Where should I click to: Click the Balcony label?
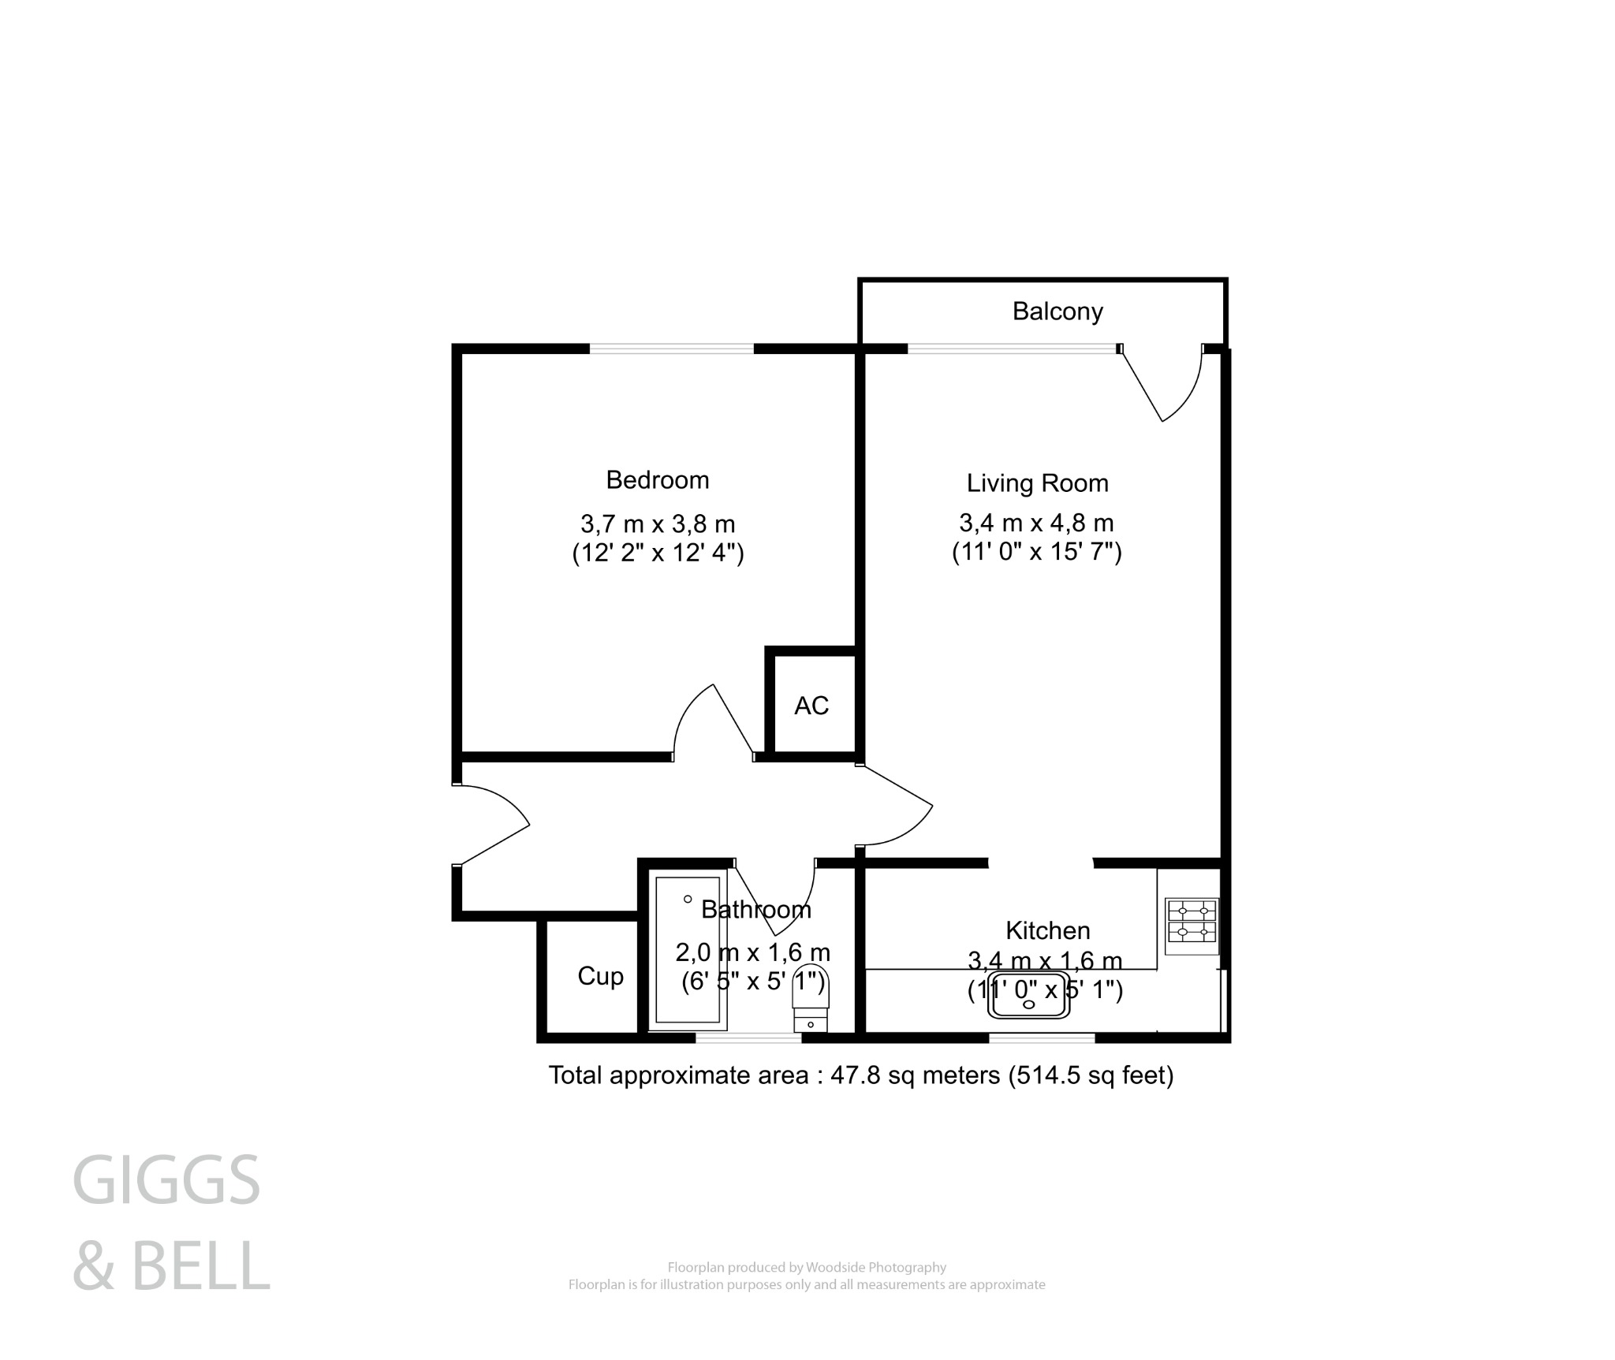[x=1057, y=311]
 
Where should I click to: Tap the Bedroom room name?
[x=657, y=479]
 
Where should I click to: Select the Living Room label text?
[x=1037, y=483]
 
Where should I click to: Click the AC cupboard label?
[x=811, y=706]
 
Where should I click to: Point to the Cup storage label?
[x=600, y=976]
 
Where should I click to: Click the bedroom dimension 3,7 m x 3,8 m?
[x=657, y=524]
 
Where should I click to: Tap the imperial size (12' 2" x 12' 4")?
[x=657, y=553]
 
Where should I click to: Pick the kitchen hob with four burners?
[x=1192, y=922]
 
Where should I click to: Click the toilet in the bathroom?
[x=811, y=998]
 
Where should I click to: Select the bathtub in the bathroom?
[x=687, y=949]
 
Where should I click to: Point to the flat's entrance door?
[x=490, y=825]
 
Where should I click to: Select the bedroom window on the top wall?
[x=671, y=348]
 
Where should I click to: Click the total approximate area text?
[x=860, y=1075]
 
